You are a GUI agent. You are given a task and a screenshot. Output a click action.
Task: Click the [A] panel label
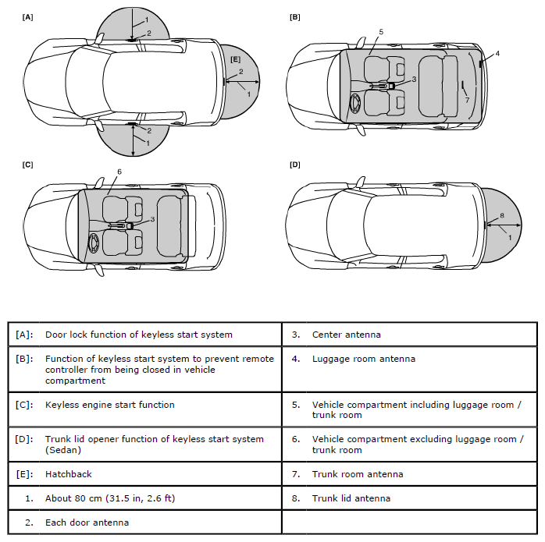pyautogui.click(x=28, y=16)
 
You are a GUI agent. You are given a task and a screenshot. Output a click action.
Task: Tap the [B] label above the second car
pyautogui.click(x=295, y=16)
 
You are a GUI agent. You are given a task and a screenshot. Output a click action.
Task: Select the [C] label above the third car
pyautogui.click(x=28, y=165)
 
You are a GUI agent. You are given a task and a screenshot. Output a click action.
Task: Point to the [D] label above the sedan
pyautogui.click(x=295, y=165)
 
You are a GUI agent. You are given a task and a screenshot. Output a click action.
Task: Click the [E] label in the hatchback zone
pyautogui.click(x=235, y=59)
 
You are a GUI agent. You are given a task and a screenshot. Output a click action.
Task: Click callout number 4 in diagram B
pyautogui.click(x=497, y=53)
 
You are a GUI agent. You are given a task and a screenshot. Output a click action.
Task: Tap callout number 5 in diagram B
pyautogui.click(x=380, y=32)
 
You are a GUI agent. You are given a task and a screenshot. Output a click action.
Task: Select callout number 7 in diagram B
pyautogui.click(x=467, y=100)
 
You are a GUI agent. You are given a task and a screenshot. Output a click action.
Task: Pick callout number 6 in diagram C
pyautogui.click(x=119, y=172)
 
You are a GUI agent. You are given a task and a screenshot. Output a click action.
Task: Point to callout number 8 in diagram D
pyautogui.click(x=502, y=215)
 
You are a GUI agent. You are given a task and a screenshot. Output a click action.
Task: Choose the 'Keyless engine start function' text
pyautogui.click(x=109, y=405)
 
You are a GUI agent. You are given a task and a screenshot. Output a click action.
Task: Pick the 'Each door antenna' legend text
pyautogui.click(x=87, y=522)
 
